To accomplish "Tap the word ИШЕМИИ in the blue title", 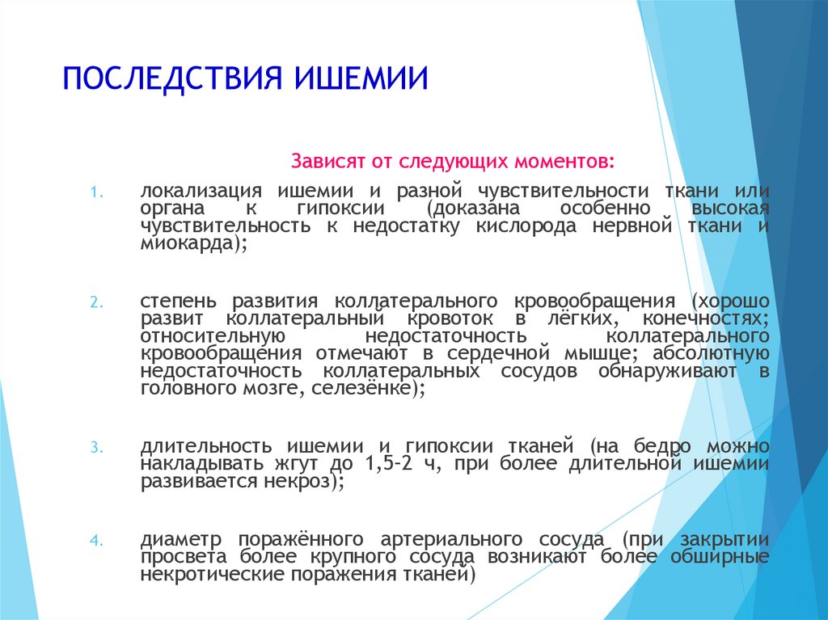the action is pyautogui.click(x=361, y=78).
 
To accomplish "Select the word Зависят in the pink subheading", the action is pyautogui.click(x=328, y=161).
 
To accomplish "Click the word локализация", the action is pyautogui.click(x=201, y=192).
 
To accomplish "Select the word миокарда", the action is pyautogui.click(x=187, y=243).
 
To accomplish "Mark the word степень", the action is pyautogui.click(x=179, y=302).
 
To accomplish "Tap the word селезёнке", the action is pyautogui.click(x=360, y=388).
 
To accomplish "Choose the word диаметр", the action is pyautogui.click(x=181, y=540).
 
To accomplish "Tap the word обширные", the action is pyautogui.click(x=720, y=557).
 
